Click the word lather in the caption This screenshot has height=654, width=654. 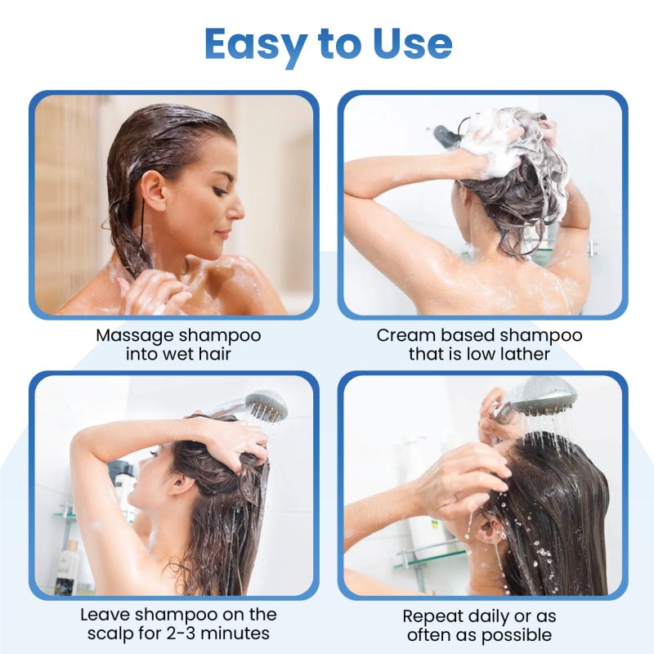pos(526,354)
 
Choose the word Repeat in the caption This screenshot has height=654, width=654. pos(431,616)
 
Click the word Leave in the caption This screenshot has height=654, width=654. pos(105,614)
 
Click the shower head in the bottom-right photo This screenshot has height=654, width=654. pos(540,396)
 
